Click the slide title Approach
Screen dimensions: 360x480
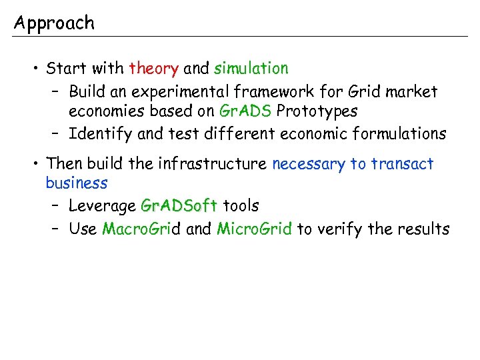tap(55, 24)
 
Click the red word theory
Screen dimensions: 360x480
tap(154, 68)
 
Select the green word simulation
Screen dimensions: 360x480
tap(251, 68)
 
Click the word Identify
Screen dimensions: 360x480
tap(101, 134)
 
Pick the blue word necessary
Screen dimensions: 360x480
tap(309, 164)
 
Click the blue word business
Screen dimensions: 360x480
tap(77, 183)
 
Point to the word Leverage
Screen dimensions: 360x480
tap(103, 206)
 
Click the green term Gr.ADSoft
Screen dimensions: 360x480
tap(180, 206)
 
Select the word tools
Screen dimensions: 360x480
tap(241, 206)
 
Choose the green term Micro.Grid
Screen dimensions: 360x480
tap(255, 229)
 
